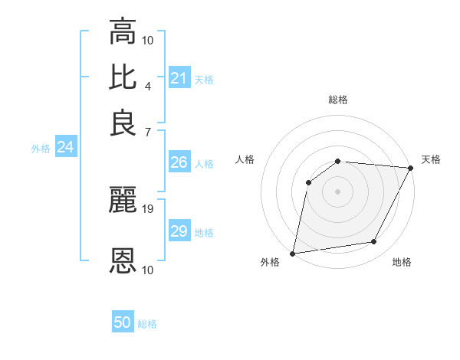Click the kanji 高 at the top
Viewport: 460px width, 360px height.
(123, 32)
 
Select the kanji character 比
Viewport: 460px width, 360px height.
(123, 77)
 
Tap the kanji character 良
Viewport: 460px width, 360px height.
(123, 123)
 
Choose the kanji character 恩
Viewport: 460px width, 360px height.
(123, 261)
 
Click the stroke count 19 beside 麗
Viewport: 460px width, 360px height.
(148, 208)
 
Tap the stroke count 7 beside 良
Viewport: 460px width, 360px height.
(148, 132)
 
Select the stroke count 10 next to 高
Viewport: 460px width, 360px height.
(148, 39)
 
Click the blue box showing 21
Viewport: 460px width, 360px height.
(179, 78)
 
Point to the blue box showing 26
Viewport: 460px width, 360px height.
(179, 162)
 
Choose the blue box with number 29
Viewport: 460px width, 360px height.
(179, 231)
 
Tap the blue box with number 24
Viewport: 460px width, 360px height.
(65, 148)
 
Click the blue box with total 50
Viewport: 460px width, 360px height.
(123, 323)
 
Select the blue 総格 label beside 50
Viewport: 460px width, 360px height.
(147, 324)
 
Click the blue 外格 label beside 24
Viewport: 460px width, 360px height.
(40, 149)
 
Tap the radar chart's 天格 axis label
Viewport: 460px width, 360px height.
(431, 159)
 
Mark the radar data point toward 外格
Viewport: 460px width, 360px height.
(293, 253)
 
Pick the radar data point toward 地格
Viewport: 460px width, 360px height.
(374, 242)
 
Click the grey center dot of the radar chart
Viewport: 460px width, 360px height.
(337, 191)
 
